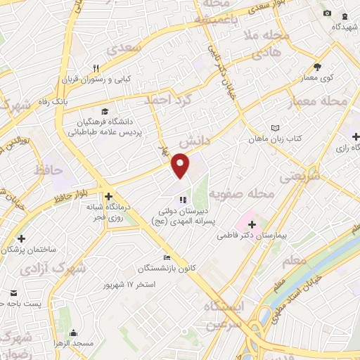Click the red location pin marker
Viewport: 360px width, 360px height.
[x=181, y=165]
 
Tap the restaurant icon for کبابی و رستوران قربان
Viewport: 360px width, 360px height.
[x=96, y=68]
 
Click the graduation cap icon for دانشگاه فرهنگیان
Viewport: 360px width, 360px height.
[x=105, y=111]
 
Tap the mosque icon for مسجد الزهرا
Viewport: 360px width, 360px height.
[x=73, y=333]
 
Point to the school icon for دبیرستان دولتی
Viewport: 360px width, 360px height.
[x=183, y=199]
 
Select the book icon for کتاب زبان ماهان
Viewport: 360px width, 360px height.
[x=275, y=129]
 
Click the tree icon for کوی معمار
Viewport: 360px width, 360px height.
[x=317, y=67]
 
